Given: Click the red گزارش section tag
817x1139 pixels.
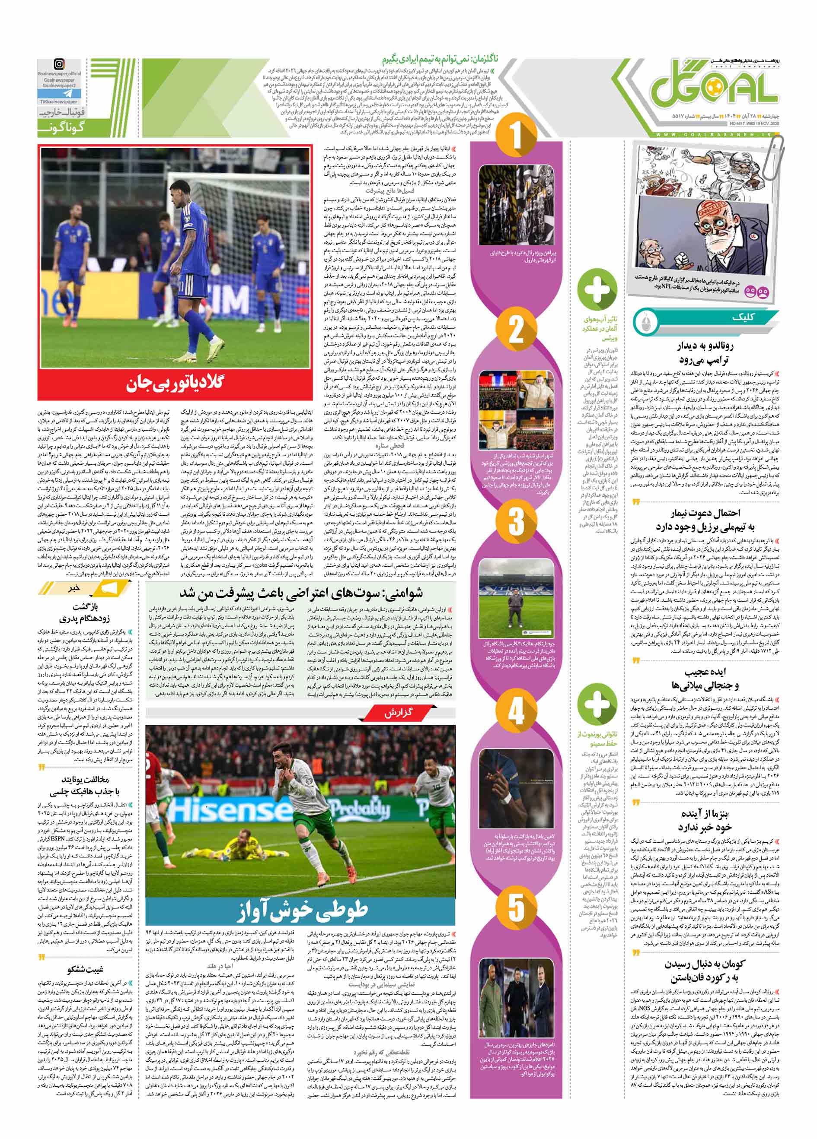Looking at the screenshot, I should pos(399,713).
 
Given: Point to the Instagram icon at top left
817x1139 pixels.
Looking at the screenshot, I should pos(59,64).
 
